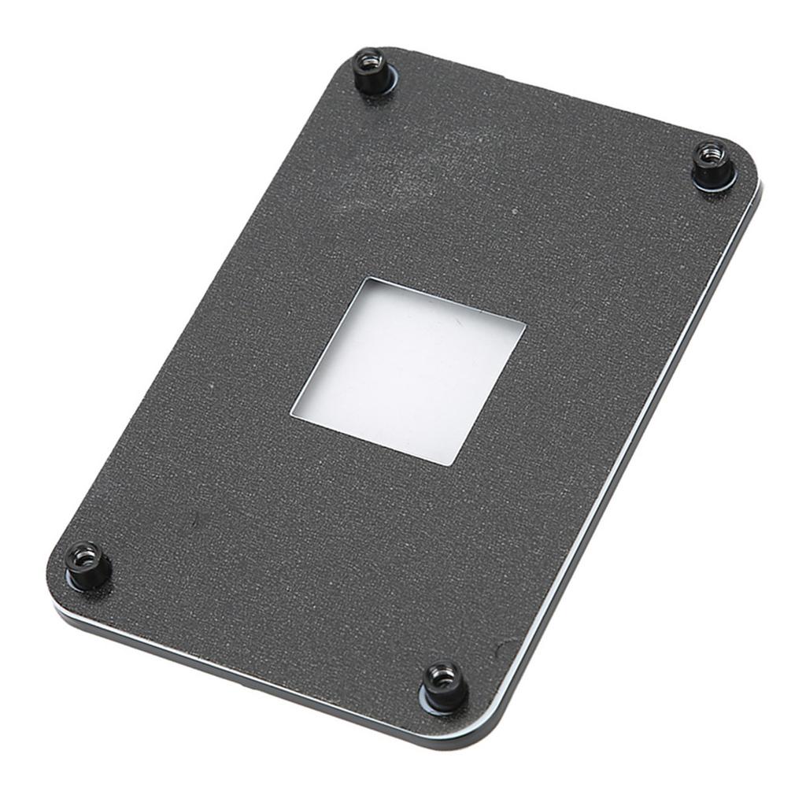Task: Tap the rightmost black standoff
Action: (x=713, y=163)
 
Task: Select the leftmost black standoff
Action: (x=86, y=565)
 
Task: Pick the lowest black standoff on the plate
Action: (x=444, y=685)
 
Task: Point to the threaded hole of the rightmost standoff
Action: (x=712, y=153)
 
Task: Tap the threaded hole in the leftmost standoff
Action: (x=85, y=555)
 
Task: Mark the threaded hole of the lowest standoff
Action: (x=444, y=675)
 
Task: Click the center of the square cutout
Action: (x=408, y=370)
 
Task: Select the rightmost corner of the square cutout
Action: (x=524, y=324)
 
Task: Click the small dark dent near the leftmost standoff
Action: (x=194, y=519)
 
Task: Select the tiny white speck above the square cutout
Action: (x=513, y=211)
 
